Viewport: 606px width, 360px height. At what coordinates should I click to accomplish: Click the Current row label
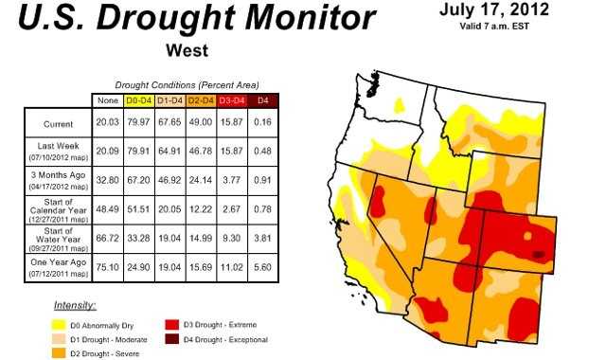coord(58,124)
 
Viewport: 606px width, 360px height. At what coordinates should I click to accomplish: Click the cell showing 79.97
coord(139,124)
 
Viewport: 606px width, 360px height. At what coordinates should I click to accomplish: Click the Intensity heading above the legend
coord(76,305)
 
